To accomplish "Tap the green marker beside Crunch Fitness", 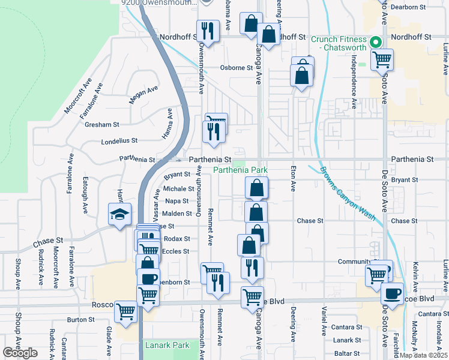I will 376,42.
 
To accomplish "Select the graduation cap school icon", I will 119,214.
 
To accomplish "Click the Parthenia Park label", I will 240,170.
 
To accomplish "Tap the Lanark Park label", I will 167,345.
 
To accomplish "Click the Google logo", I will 20,353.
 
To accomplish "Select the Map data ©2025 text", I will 423,355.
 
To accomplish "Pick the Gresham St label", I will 102,124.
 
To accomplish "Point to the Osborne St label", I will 236,68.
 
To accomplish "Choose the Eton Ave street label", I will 293,178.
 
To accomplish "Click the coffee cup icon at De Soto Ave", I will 393,294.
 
